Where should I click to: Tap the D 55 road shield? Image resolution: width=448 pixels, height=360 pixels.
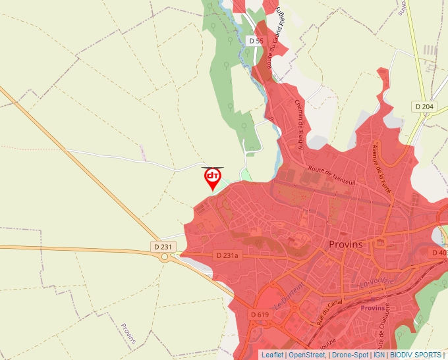click(x=256, y=41)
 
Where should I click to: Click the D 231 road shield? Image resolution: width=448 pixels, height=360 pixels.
click(x=162, y=247)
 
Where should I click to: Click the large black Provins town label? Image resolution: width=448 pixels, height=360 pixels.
click(x=345, y=244)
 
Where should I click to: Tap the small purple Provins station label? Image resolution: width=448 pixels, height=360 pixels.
click(x=373, y=308)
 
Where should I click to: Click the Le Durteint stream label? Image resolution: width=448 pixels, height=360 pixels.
click(x=287, y=296)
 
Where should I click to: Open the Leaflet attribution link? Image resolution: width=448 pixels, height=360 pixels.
click(x=271, y=355)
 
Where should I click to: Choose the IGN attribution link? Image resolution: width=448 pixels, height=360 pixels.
click(x=379, y=355)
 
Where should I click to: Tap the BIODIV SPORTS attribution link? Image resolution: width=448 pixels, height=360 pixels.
click(x=416, y=355)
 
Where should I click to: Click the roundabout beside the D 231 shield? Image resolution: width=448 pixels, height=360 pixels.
click(x=163, y=257)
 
